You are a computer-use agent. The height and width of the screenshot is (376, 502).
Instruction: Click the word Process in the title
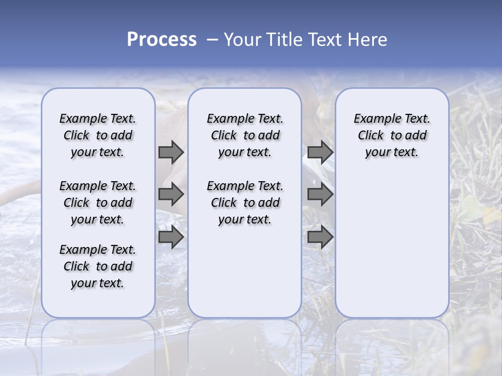click(x=162, y=40)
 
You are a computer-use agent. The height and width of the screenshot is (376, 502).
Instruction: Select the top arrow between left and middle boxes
click(x=171, y=152)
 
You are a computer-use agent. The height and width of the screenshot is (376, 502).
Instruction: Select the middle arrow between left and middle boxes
click(x=171, y=194)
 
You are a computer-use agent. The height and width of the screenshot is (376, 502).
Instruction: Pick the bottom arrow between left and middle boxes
click(x=171, y=237)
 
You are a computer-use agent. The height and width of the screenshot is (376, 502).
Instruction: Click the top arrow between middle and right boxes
click(x=320, y=152)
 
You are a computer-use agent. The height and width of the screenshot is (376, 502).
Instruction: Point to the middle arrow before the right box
click(x=320, y=194)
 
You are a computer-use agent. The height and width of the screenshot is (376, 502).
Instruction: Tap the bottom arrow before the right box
click(x=320, y=237)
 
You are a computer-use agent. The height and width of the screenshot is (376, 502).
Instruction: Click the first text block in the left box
click(x=98, y=135)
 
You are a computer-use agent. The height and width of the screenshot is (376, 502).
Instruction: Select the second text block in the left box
click(x=98, y=203)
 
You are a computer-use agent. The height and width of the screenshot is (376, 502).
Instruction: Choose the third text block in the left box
click(x=98, y=266)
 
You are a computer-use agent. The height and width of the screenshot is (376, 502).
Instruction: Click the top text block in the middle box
click(x=245, y=135)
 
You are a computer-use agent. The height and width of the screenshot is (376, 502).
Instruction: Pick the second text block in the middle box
click(x=245, y=203)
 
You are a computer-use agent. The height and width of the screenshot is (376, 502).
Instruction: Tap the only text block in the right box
click(x=392, y=135)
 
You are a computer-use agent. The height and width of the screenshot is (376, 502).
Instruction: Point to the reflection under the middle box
click(x=245, y=345)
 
